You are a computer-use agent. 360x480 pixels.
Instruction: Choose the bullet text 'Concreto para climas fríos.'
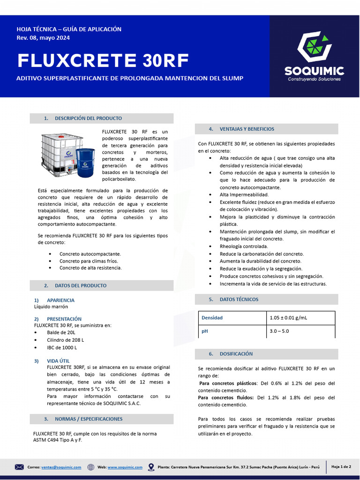[89, 261]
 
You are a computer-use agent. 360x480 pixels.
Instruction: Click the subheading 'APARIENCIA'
[60, 300]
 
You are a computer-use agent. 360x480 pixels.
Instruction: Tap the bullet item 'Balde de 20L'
[61, 332]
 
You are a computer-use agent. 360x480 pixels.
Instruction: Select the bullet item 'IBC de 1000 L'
[62, 348]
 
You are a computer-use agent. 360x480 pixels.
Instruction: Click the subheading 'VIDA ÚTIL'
[59, 360]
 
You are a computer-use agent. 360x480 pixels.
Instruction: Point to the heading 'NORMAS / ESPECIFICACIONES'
[89, 419]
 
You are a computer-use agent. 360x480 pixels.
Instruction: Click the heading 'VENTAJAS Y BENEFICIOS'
[247, 129]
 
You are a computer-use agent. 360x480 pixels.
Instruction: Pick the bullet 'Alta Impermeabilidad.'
[244, 195]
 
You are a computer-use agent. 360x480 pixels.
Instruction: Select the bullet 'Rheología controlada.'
[244, 246]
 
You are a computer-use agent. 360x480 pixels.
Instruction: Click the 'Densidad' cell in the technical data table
[212, 318]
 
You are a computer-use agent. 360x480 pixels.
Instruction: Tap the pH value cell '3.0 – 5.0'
[279, 331]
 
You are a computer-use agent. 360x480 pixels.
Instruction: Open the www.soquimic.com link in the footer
[125, 467]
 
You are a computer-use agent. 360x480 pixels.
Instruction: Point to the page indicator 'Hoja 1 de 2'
[341, 467]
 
